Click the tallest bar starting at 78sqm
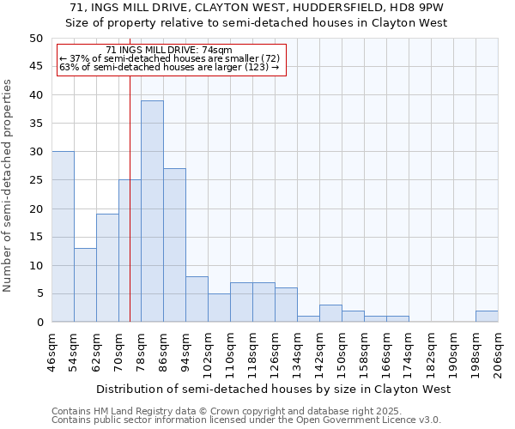[x=152, y=211]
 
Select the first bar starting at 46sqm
[x=63, y=237]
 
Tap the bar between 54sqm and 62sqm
[x=85, y=285]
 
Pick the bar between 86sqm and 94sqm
[x=174, y=245]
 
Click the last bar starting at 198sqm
[x=487, y=317]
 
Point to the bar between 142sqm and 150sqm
[x=330, y=314]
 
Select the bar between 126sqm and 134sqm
[x=286, y=305]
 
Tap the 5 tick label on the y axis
[x=39, y=293]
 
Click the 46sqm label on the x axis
[x=51, y=350]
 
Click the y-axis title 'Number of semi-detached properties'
[x=9, y=185]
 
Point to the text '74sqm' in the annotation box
[x=215, y=51]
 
